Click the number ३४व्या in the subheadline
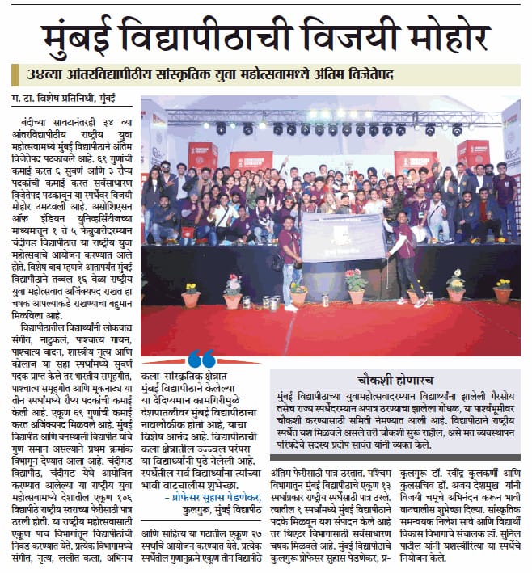click(44, 75)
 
